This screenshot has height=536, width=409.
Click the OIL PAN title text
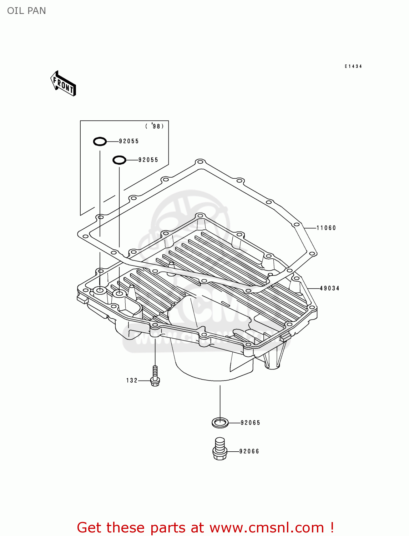tap(26, 11)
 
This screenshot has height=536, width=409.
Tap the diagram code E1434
tap(353, 66)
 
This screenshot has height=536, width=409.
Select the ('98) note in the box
tap(155, 126)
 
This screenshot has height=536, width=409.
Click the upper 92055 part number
tap(129, 141)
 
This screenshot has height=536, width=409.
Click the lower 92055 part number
tap(148, 160)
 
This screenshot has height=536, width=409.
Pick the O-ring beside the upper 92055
tap(100, 142)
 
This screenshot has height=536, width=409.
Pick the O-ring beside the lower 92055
tap(119, 160)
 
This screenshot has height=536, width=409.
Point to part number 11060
tap(326, 228)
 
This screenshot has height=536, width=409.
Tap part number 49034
tap(329, 288)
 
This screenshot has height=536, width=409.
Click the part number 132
tap(132, 381)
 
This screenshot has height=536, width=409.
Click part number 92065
tap(250, 423)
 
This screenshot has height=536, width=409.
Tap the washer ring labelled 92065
tap(220, 423)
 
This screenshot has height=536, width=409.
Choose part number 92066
tap(249, 451)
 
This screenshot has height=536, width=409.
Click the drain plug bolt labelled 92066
tap(220, 449)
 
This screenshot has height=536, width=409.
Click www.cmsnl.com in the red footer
tap(266, 527)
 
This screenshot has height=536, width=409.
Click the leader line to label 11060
tap(310, 228)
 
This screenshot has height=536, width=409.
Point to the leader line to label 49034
tap(313, 288)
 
